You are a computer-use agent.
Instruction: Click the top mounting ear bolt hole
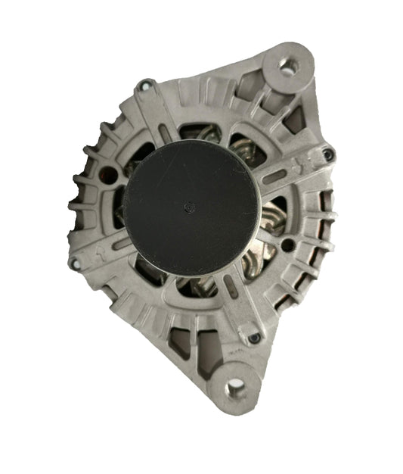click(x=287, y=66)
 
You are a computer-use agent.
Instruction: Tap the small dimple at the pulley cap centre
click(x=188, y=205)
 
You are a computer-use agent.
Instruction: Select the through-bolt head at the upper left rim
click(x=141, y=89)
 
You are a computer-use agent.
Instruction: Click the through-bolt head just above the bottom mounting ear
click(x=256, y=336)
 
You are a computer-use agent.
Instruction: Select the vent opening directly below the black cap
click(x=194, y=287)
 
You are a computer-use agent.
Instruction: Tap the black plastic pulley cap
click(x=189, y=204)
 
